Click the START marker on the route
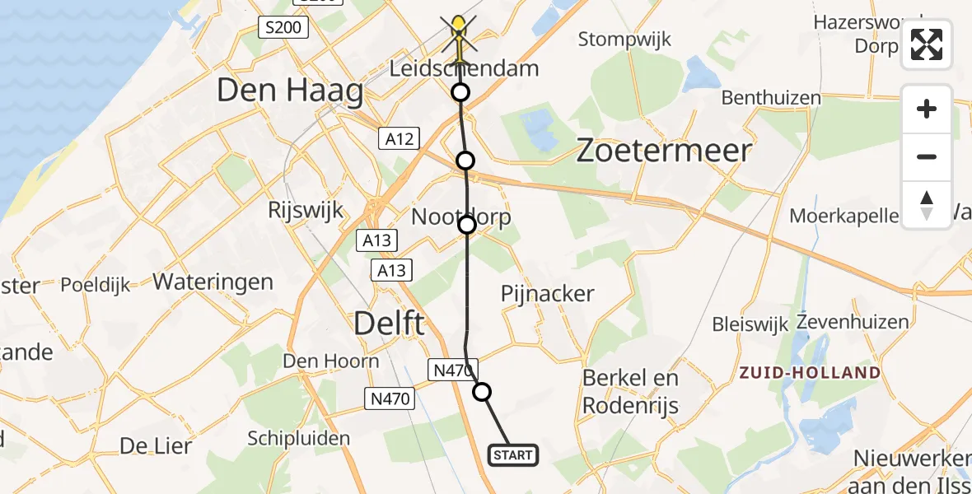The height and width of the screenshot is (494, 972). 514,454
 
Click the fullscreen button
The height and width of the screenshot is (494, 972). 927,44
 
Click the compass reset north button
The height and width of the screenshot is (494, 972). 927,205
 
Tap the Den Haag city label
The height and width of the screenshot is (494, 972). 290,91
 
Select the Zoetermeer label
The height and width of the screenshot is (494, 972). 664,151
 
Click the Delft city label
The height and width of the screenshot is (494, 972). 390,323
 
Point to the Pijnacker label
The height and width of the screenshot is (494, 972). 548,294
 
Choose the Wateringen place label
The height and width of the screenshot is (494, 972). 213,282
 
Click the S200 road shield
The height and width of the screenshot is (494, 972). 283,28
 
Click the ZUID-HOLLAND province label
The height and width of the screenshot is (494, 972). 810,373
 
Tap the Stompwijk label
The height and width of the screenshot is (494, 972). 624,39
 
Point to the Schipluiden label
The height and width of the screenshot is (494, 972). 299,438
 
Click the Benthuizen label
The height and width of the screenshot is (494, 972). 771,98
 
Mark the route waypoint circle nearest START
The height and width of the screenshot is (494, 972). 482,392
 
